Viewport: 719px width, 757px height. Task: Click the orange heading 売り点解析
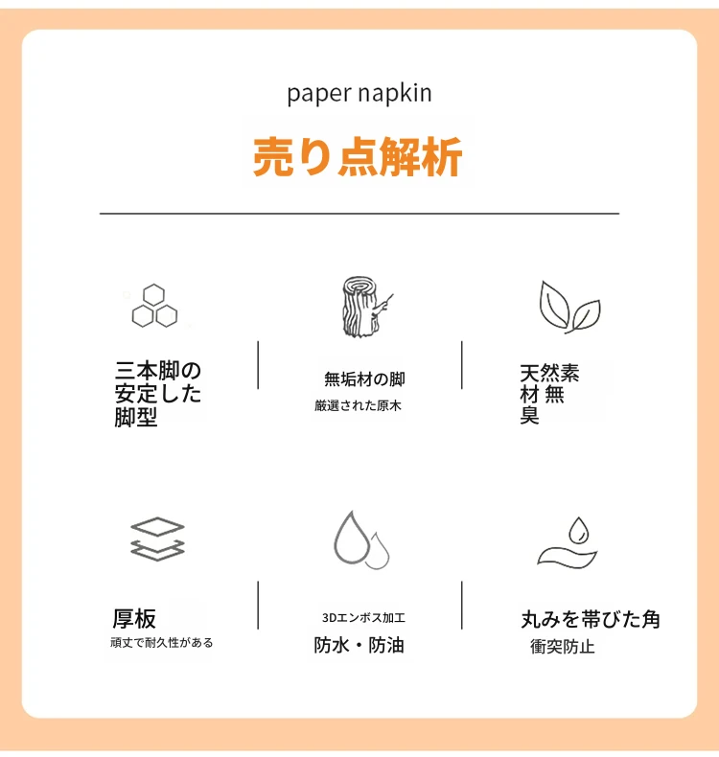(x=358, y=157)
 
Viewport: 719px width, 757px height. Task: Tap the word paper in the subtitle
(x=318, y=94)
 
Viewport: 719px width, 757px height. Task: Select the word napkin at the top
(x=395, y=93)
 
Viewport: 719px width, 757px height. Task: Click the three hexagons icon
(x=154, y=306)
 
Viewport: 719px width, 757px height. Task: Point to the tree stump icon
(x=364, y=307)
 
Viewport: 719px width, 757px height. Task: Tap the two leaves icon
(x=569, y=307)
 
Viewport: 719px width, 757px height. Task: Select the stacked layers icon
(x=158, y=539)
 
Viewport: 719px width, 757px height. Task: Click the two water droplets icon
(x=361, y=539)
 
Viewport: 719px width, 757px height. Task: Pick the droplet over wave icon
(x=568, y=542)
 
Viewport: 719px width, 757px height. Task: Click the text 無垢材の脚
(x=364, y=379)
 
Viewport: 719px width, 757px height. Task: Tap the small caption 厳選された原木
(x=358, y=405)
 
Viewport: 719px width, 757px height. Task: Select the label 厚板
(x=134, y=618)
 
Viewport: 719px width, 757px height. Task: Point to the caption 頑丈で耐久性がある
(x=162, y=643)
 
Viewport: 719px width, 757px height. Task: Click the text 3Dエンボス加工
(x=363, y=617)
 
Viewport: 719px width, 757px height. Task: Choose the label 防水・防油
(x=359, y=645)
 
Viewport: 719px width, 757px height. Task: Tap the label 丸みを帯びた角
(x=591, y=619)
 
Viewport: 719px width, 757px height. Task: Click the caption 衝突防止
(x=563, y=647)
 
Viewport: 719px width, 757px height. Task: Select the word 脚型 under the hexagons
(x=136, y=417)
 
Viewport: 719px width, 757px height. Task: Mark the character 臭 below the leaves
(x=530, y=415)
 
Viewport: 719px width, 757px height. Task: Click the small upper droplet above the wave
(x=578, y=530)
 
